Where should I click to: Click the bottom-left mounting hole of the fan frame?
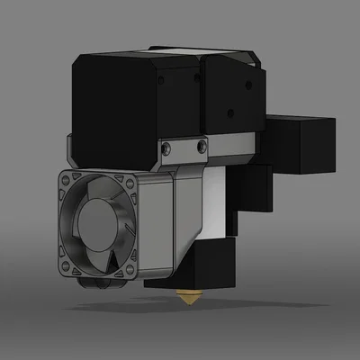tap(65, 267)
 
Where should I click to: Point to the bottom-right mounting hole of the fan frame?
tap(130, 266)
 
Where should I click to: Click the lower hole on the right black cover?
tap(236, 113)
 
